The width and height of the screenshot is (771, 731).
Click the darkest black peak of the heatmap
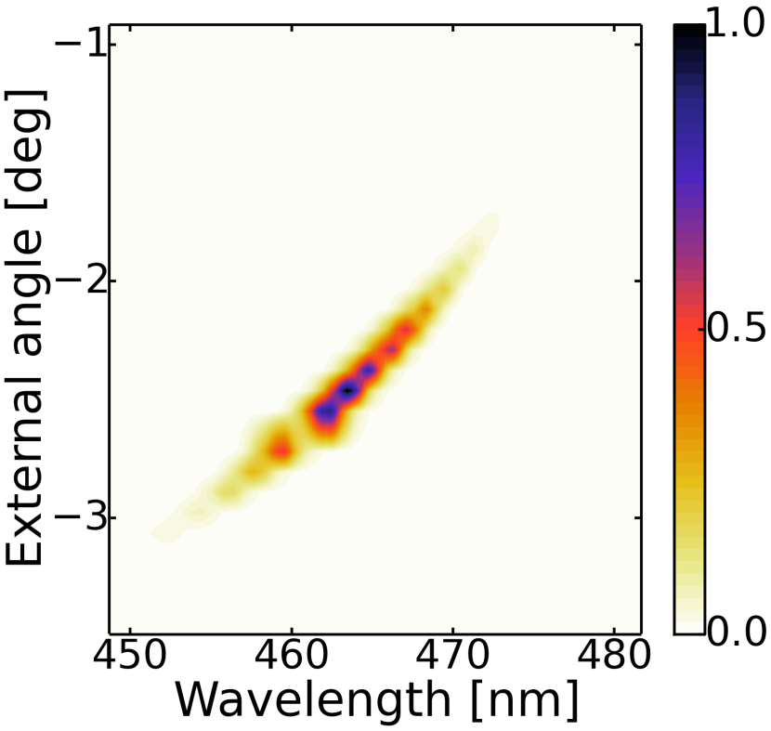(x=347, y=391)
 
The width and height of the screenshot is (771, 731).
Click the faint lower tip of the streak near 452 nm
(x=165, y=532)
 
